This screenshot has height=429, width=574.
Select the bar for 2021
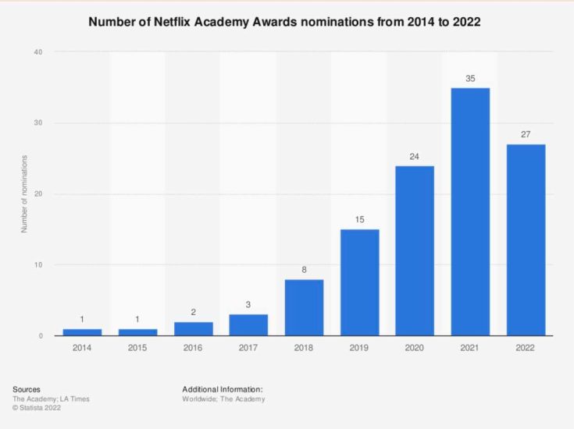[470, 212]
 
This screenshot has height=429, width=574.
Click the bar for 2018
[304, 307]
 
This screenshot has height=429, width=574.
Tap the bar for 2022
[526, 240]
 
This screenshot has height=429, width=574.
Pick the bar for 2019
[359, 282]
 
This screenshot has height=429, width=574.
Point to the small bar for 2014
[82, 332]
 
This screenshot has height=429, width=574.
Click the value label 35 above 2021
[470, 79]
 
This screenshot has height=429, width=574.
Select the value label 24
[415, 157]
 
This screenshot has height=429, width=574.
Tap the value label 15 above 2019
[359, 221]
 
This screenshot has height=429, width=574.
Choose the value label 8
[304, 271]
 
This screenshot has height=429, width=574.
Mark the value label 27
[526, 136]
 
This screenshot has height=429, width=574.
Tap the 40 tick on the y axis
[37, 52]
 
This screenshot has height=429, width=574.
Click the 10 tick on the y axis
[37, 265]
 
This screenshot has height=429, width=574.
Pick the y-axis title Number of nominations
[24, 193]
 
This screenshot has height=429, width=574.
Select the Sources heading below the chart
[27, 388]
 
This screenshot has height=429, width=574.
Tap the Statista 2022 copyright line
[39, 408]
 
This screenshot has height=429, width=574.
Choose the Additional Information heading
[222, 388]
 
